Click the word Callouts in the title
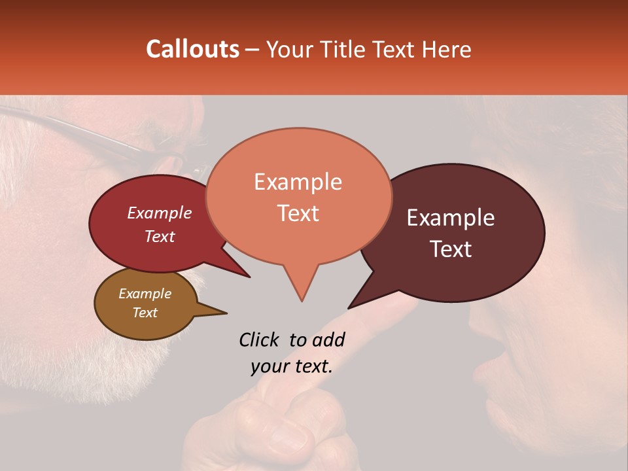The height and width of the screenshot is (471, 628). [192, 49]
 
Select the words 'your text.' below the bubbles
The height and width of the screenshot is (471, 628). [292, 367]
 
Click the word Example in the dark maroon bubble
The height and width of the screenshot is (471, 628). [451, 218]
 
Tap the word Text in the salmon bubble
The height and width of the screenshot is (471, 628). [298, 213]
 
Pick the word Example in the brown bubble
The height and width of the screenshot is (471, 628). [145, 294]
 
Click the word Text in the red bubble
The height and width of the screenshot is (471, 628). [160, 236]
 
